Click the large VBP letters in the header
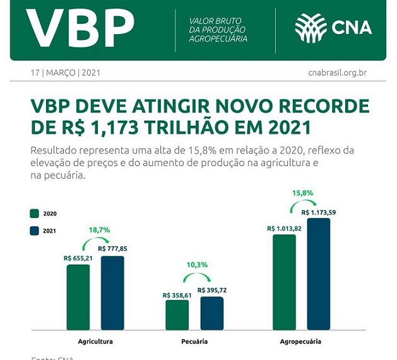pos(80,28)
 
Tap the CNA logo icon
pos(311,28)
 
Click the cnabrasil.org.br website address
pos(337,73)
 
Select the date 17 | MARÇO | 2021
pos(66,73)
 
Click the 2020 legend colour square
pos(35,213)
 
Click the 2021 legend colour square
pos(35,231)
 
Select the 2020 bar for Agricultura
pos(78,297)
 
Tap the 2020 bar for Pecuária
pos(177,315)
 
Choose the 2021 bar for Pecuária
pos(211,313)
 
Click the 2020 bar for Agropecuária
pos(284,282)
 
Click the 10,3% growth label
pos(194,265)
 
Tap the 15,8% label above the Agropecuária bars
pos(302,192)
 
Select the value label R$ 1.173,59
pos(319,212)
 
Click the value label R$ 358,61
pos(177,295)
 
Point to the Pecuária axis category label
pos(194,342)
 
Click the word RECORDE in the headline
pos(316,105)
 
